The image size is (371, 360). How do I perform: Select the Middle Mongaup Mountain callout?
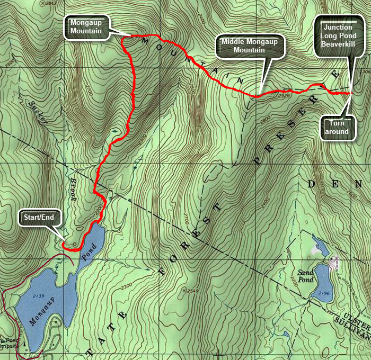[x=250, y=46]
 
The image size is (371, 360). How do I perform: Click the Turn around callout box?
[x=337, y=127]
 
